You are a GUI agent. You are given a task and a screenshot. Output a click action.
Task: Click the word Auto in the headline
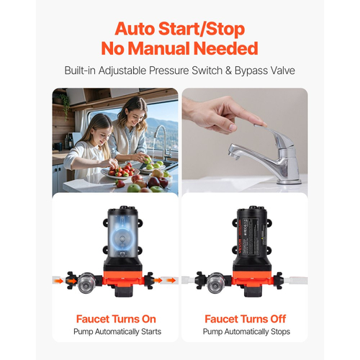(x=135, y=29)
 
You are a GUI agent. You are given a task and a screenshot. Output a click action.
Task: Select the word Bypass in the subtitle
(x=251, y=71)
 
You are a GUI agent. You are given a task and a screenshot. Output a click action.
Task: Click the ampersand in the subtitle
(x=228, y=71)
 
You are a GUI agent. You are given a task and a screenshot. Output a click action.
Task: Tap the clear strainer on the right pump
(x=215, y=283)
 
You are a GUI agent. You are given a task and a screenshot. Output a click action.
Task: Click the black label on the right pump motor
(x=252, y=233)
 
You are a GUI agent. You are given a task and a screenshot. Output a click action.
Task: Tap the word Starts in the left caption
(x=151, y=332)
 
